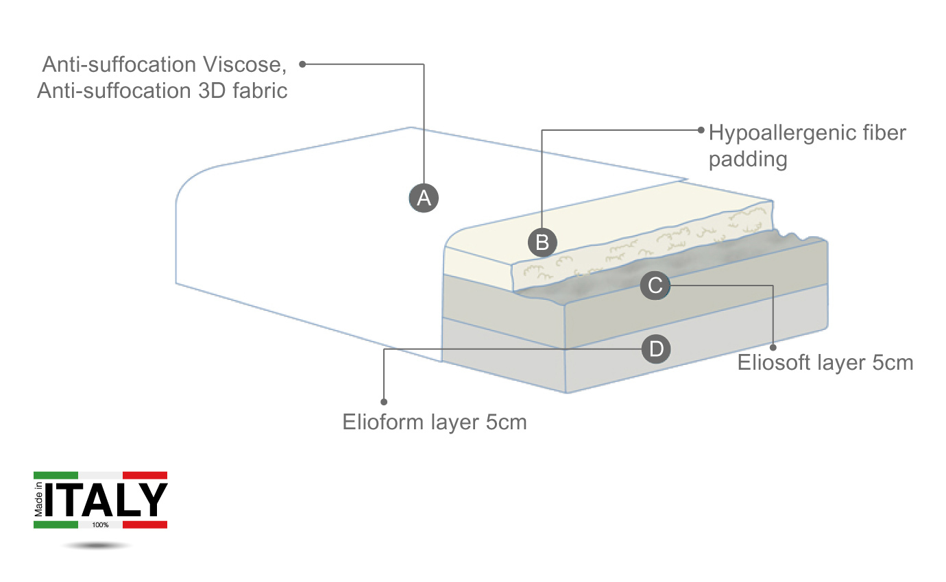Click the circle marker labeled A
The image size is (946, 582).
click(424, 199)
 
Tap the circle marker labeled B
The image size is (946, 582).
click(542, 242)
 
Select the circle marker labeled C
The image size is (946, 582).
click(655, 285)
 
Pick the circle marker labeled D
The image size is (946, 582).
click(656, 349)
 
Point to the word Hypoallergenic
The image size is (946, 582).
click(781, 132)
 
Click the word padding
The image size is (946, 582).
click(747, 160)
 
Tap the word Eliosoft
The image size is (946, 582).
click(773, 362)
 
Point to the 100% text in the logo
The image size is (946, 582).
click(100, 525)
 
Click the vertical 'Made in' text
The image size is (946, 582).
click(39, 500)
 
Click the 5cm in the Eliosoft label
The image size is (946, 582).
click(893, 362)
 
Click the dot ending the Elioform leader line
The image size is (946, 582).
click(384, 401)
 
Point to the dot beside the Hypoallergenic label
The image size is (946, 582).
click(701, 129)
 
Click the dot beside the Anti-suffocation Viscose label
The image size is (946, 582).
click(302, 64)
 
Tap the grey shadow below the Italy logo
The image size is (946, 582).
click(96, 546)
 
